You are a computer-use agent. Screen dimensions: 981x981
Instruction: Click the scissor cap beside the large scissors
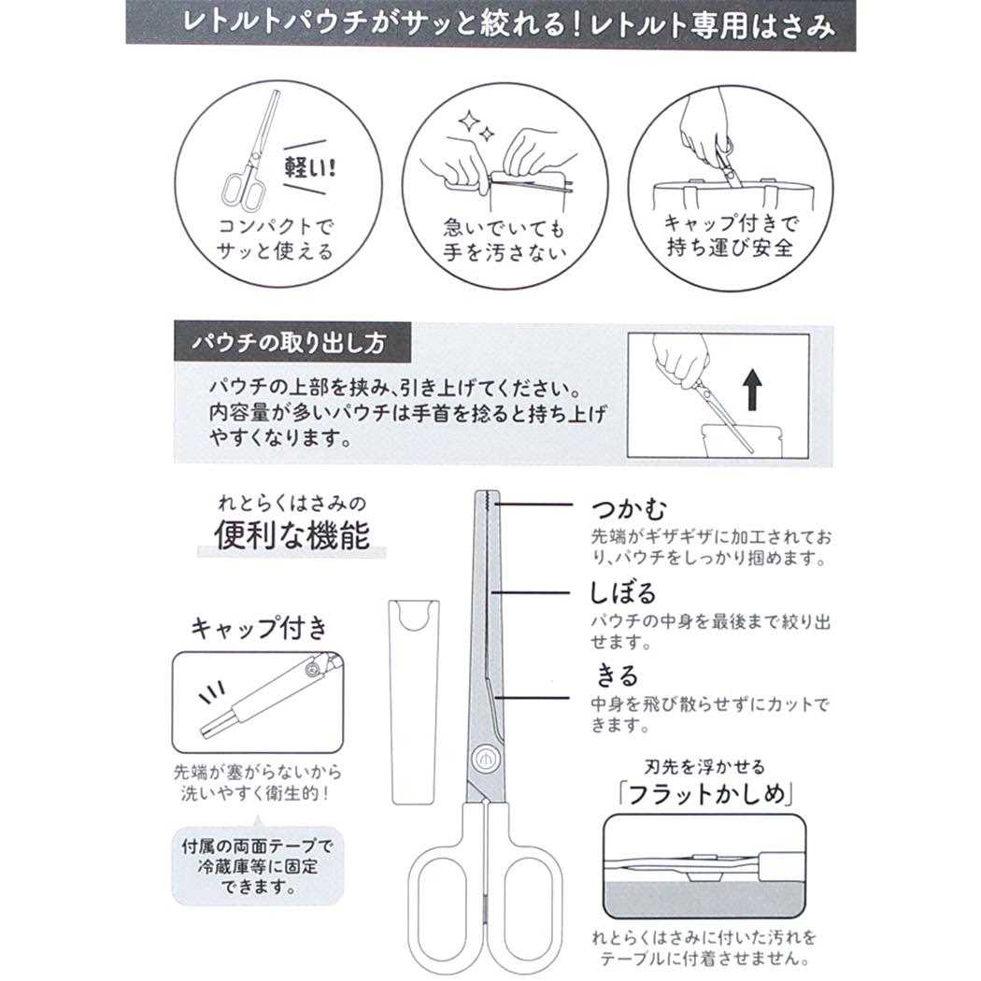point(413,701)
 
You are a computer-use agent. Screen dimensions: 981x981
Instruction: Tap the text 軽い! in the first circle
point(313,172)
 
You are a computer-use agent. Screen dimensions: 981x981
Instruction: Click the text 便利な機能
point(292,533)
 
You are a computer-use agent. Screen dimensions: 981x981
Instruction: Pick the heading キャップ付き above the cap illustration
point(259,628)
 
